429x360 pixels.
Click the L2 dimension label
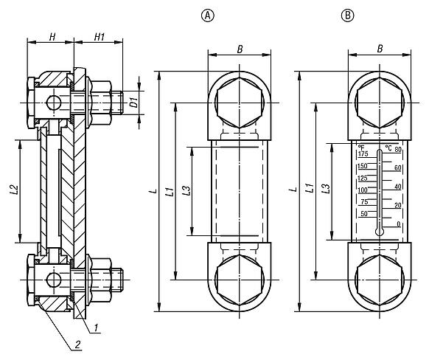click(13, 193)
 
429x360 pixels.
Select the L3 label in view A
click(186, 190)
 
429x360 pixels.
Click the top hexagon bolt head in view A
click(236, 100)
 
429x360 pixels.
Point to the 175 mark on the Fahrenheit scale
click(363, 156)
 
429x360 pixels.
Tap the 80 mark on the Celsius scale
click(397, 150)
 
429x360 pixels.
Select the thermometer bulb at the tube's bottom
click(380, 230)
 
